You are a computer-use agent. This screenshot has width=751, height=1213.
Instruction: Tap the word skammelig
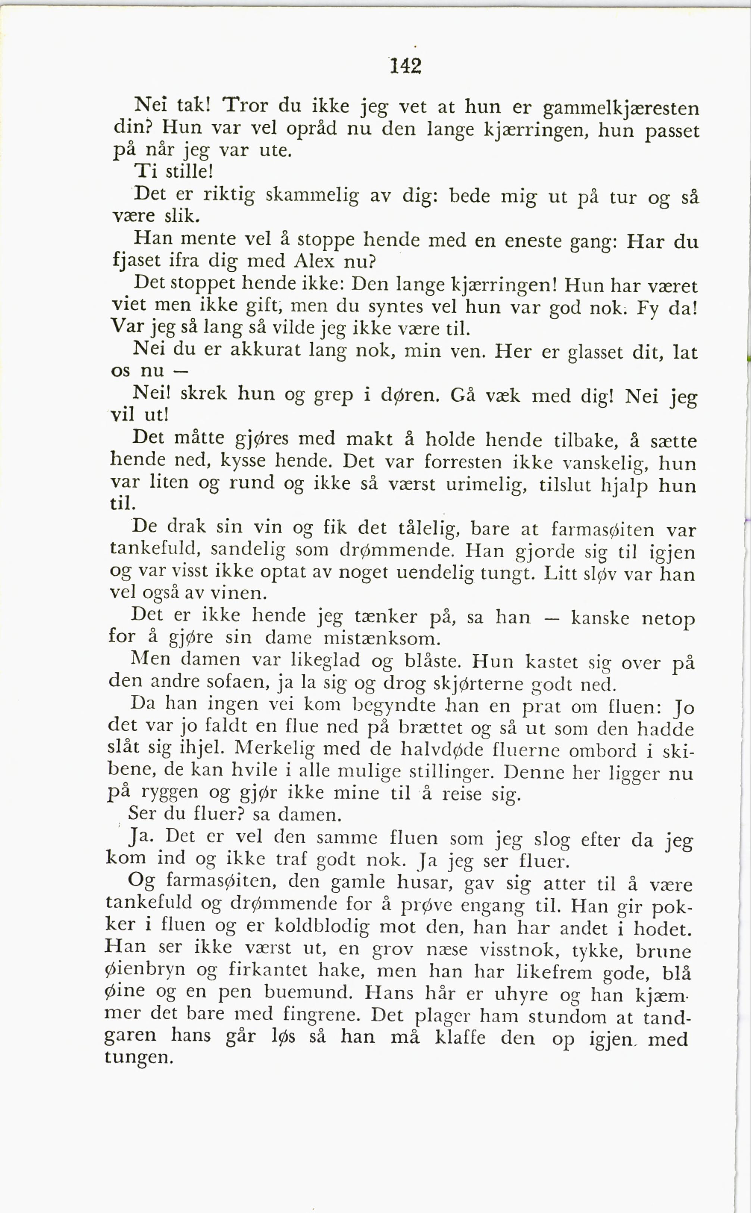click(312, 195)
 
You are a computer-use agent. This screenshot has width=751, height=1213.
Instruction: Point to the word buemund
click(307, 992)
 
